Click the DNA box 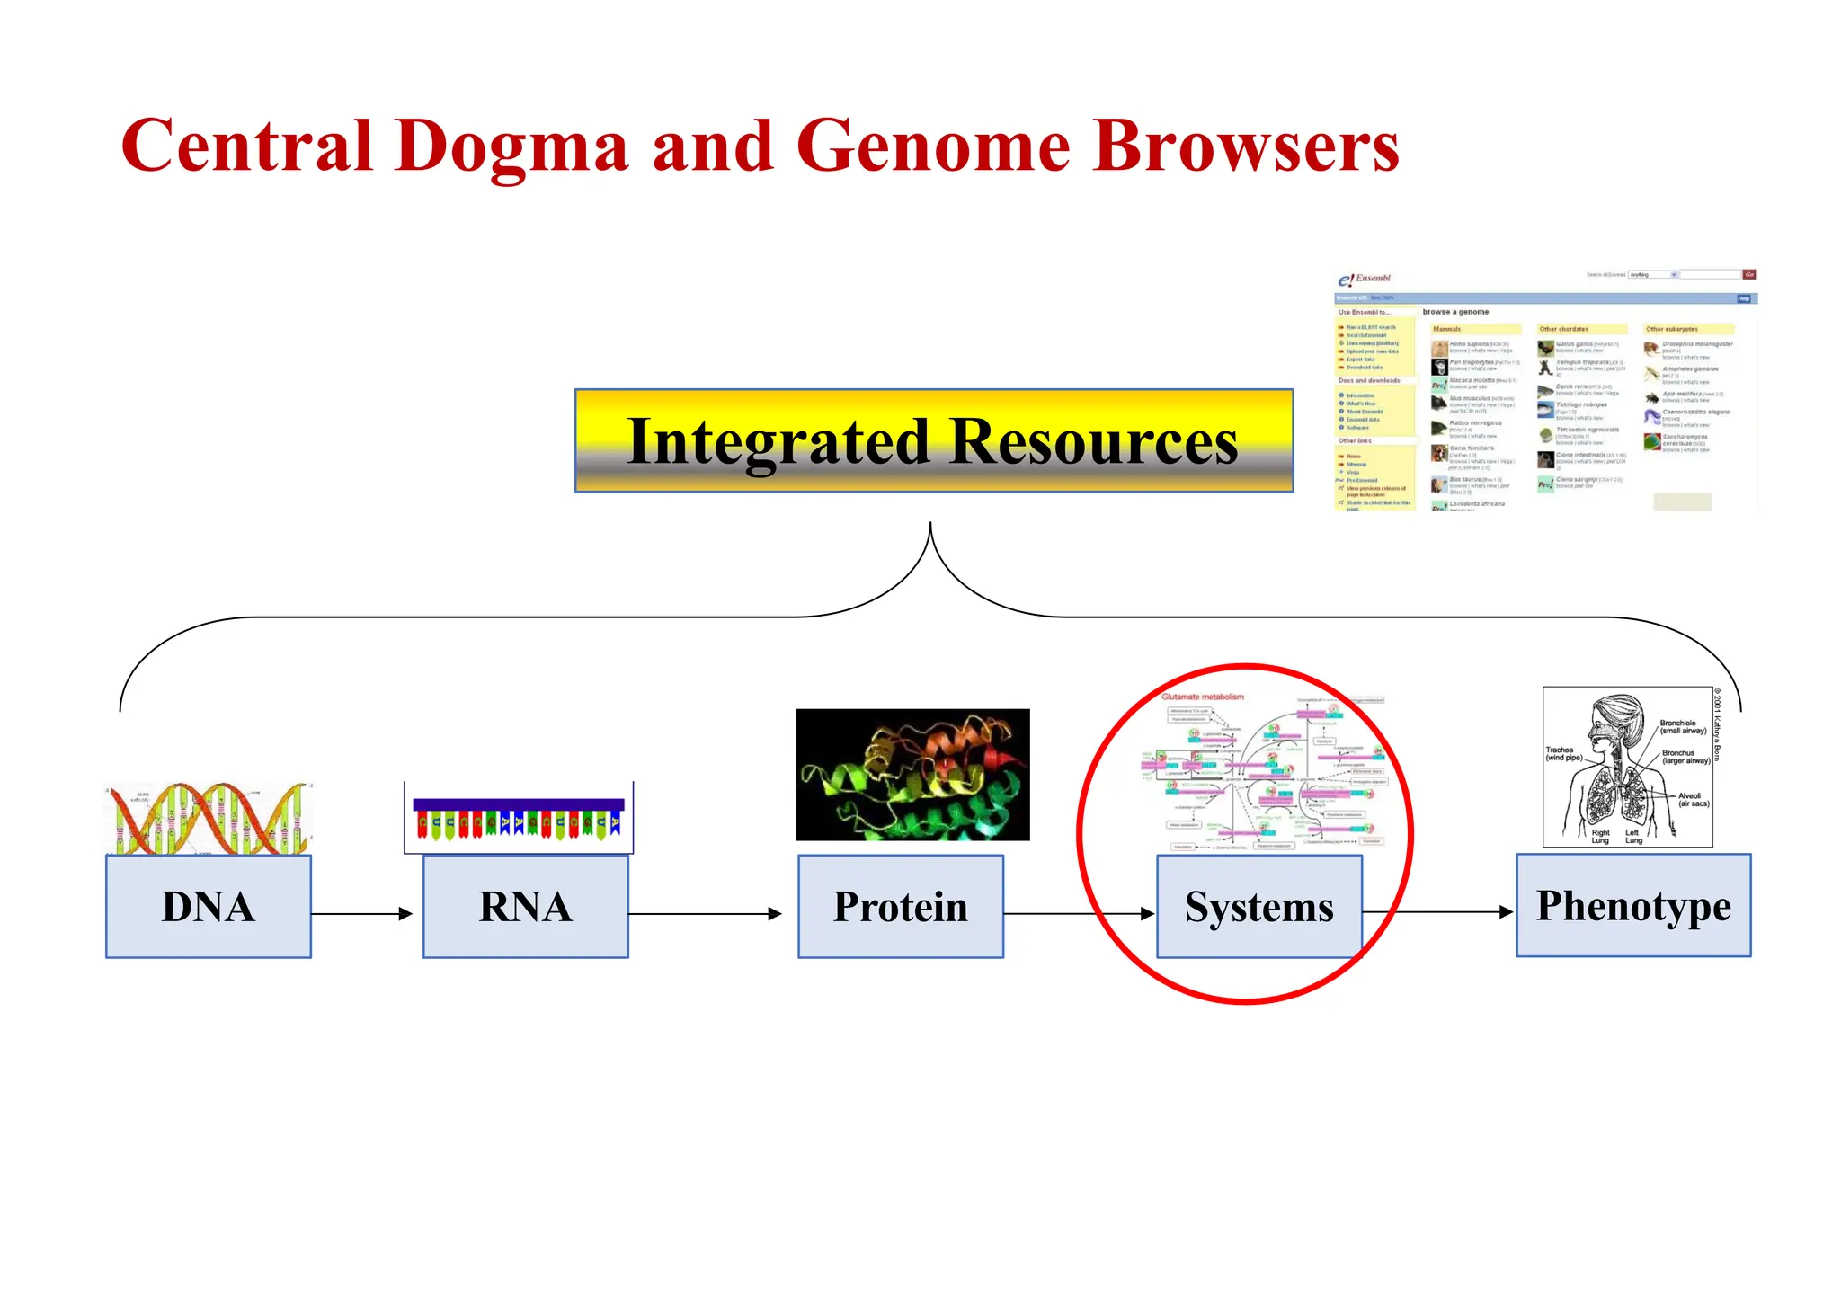point(209,906)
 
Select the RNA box point(525,906)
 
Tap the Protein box point(900,906)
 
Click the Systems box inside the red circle point(1258,906)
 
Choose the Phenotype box point(1632,905)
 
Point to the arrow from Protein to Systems point(1079,913)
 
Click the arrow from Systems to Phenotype point(1438,911)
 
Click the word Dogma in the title point(511,147)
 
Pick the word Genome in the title point(933,146)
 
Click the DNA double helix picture point(209,818)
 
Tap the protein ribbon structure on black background point(912,775)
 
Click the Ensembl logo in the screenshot point(1364,280)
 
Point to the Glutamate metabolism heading point(1202,697)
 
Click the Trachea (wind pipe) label point(1563,753)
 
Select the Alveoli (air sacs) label point(1693,799)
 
